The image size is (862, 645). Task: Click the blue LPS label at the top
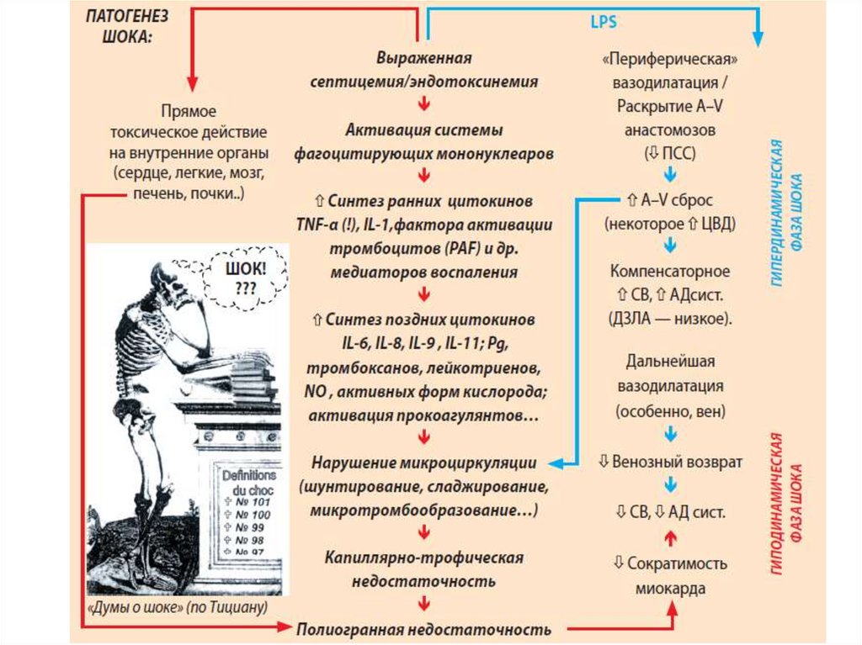[604, 21]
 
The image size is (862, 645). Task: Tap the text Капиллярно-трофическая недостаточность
[423, 569]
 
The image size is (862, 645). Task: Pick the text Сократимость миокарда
[670, 576]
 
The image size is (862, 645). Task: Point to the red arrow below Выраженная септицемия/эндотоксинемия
[424, 105]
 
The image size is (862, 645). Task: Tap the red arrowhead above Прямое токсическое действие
[191, 84]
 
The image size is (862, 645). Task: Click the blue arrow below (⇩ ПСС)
[670, 174]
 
